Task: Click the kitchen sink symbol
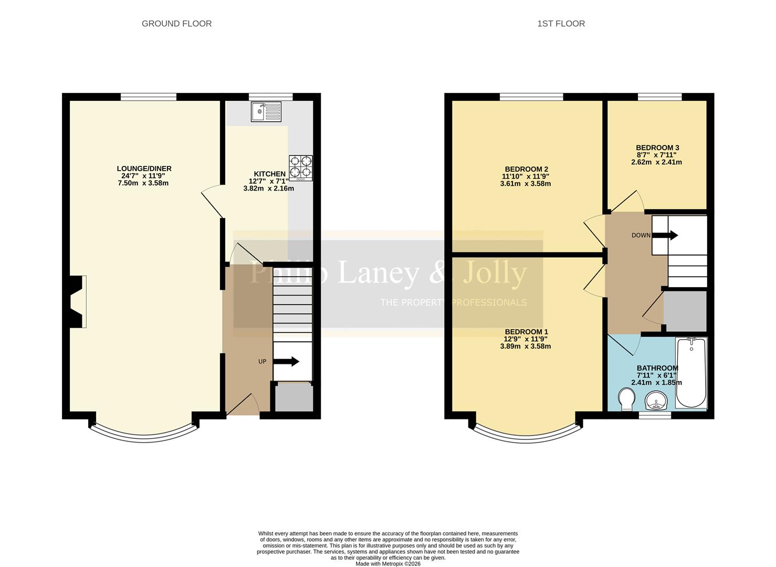266,111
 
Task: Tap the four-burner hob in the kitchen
301,168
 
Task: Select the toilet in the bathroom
626,399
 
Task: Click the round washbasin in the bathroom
655,402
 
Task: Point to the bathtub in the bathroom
691,373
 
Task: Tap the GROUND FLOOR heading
176,24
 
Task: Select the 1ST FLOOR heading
561,24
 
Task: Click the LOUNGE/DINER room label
144,169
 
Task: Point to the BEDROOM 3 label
657,148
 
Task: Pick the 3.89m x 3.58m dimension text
525,346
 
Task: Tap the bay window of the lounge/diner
144,434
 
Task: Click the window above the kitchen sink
270,96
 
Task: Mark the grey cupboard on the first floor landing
685,311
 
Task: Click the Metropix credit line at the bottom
388,564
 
